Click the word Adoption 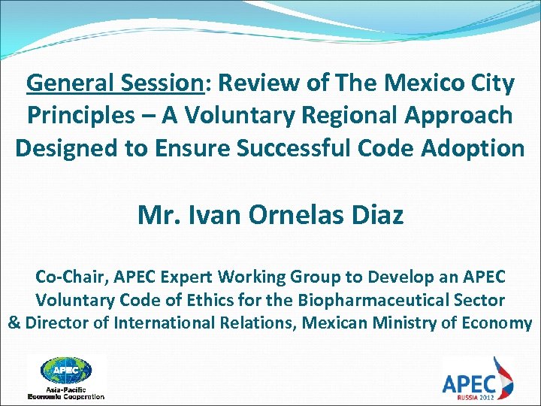476,148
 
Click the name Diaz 379,216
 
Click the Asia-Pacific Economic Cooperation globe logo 66,376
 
